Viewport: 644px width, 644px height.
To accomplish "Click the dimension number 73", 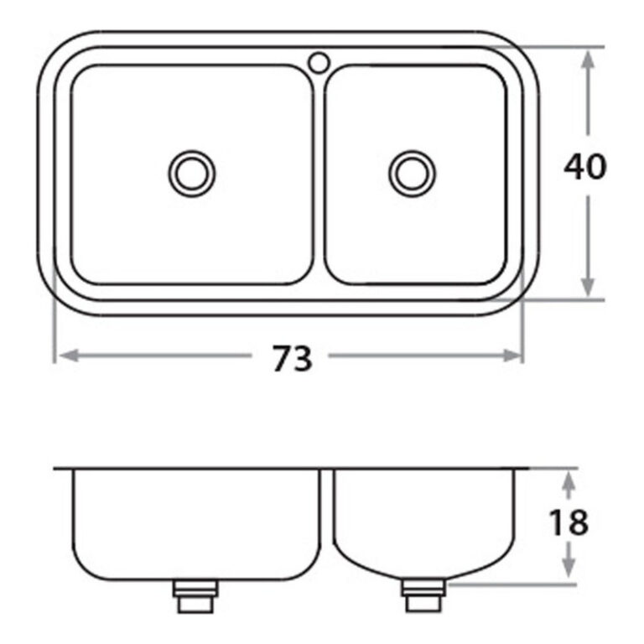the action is click(x=293, y=358).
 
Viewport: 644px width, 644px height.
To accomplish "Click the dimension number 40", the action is click(x=584, y=166).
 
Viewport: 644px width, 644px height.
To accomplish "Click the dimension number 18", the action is click(x=569, y=522).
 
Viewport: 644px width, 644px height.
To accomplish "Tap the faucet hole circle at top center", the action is click(x=319, y=63).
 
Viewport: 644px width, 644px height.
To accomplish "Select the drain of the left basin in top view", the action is click(x=192, y=174).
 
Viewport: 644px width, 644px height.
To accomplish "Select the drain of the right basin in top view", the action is click(x=412, y=174).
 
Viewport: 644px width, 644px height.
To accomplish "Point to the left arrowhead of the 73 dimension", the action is click(x=69, y=356).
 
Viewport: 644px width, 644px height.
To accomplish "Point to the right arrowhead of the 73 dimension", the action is click(x=512, y=356).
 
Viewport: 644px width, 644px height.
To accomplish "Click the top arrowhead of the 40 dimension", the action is click(x=588, y=60).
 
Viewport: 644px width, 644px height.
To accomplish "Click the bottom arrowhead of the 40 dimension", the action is click(x=588, y=287).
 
